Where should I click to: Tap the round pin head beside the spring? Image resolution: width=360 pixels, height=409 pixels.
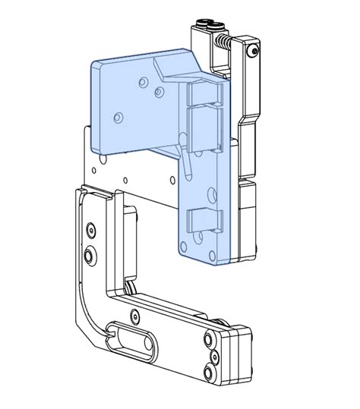[253, 49]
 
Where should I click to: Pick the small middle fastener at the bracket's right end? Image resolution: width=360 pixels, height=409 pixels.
[210, 354]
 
